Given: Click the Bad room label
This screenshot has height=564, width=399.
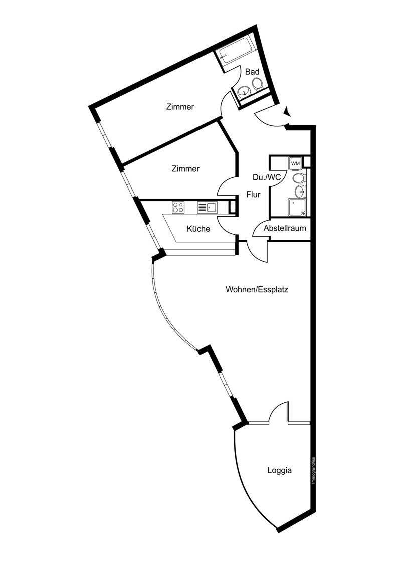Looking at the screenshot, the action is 252,72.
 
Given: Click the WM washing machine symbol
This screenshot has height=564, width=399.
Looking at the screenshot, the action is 295,163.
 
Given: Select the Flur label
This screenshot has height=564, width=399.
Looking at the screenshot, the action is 253,194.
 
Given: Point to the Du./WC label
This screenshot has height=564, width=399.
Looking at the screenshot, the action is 267,177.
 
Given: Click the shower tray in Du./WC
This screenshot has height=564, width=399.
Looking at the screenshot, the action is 297,207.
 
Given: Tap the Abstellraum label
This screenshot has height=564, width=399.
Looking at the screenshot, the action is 285,228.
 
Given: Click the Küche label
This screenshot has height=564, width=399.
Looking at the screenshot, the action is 198,229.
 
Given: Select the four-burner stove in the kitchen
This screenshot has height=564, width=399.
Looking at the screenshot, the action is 178,207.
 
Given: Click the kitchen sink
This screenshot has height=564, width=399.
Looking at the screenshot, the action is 207,207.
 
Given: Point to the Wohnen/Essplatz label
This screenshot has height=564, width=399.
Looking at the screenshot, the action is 257,289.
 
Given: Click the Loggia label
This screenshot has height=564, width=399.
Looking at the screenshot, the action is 280,470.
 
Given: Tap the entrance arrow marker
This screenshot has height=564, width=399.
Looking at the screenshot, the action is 287,111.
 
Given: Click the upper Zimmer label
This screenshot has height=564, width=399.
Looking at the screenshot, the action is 180,107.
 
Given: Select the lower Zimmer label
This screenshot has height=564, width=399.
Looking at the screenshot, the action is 185,168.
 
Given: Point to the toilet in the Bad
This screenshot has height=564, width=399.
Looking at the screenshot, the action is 257,84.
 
